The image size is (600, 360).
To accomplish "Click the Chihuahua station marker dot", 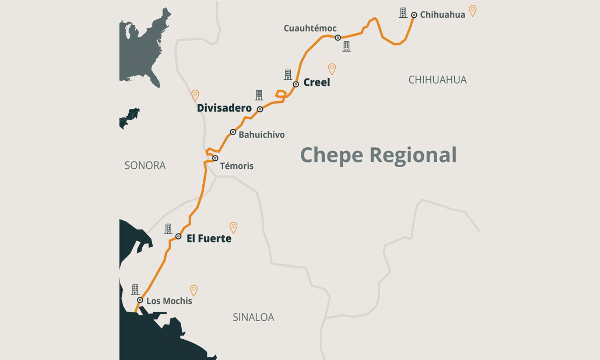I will tap(414, 15).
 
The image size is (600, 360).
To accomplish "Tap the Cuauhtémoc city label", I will tap(310, 28).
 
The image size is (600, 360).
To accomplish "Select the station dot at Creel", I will tap(296, 84).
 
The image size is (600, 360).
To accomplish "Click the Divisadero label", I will tap(224, 108).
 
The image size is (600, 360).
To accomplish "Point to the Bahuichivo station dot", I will tap(233, 132).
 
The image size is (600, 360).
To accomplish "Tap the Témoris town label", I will tap(237, 166).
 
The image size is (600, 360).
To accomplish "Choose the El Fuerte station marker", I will tap(178, 236).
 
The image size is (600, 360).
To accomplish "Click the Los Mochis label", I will tap(169, 301).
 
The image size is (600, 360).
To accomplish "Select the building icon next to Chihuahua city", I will tap(403, 13).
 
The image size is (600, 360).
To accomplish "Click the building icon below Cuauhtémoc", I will tap(346, 46).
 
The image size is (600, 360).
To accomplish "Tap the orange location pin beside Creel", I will tap(332, 69).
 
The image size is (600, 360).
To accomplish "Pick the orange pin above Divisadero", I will tap(195, 95).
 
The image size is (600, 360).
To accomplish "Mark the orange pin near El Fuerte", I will tap(234, 227).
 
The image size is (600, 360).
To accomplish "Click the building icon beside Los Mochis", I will tap(135, 289).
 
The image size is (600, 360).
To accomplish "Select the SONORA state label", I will tap(145, 165).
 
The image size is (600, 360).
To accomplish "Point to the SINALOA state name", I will tap(253, 317).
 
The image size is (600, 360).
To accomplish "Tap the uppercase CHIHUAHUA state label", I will tap(437, 80).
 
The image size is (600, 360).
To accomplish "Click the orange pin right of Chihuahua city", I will tap(472, 11).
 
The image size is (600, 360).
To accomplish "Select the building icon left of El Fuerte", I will tap(168, 228).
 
